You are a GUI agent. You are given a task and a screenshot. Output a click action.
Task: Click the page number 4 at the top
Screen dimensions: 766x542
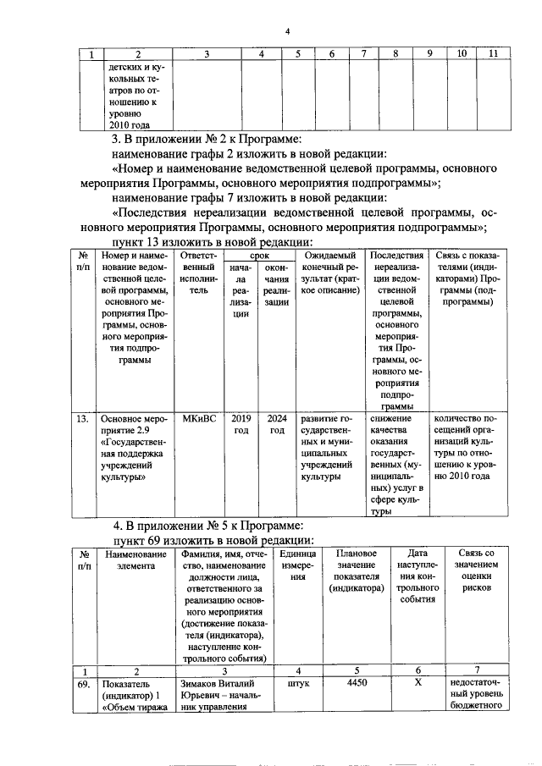point(287,32)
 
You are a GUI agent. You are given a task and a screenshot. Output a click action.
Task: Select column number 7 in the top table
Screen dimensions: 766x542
point(362,54)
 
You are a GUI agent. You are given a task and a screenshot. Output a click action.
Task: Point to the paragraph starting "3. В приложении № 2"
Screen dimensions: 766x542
point(208,139)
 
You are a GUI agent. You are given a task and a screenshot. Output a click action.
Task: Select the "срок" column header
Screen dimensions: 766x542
point(259,254)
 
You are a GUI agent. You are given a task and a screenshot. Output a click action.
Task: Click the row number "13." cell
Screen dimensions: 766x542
point(83,418)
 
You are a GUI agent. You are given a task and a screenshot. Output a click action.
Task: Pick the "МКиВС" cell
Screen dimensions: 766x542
point(199,418)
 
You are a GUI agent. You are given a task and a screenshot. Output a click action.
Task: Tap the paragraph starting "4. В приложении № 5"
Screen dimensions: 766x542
point(208,525)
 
